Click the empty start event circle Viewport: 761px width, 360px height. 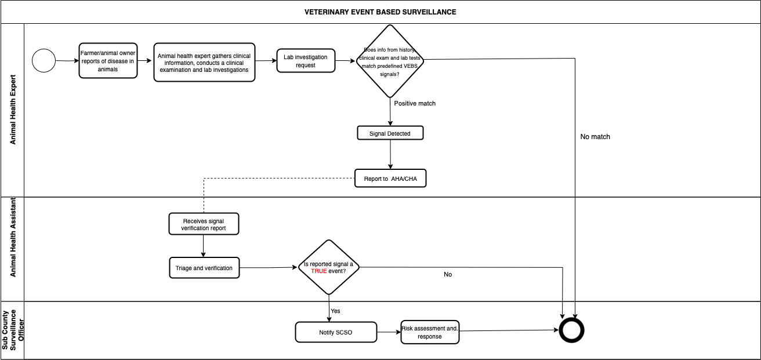pos(44,61)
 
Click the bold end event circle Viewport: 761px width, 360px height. pos(571,330)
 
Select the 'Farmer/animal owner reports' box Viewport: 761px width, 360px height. pos(108,61)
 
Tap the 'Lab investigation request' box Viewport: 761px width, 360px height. pos(306,61)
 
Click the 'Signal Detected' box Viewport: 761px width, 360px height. pos(390,133)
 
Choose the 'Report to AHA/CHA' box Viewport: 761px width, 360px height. pos(390,179)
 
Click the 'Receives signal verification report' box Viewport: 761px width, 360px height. pos(204,224)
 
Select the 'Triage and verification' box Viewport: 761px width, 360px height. pos(204,268)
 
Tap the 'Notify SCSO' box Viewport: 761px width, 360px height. pos(336,332)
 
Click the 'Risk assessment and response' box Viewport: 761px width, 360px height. pos(430,332)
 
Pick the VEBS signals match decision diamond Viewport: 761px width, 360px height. pos(390,61)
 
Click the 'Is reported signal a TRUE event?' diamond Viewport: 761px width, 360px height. pos(329,267)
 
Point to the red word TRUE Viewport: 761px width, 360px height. pos(318,271)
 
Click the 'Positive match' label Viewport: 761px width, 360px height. pos(415,103)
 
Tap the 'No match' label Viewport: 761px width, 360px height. pos(595,137)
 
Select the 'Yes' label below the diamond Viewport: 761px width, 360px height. pos(335,311)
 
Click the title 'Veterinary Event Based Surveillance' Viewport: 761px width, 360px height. pos(380,12)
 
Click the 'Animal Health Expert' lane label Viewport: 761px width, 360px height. pos(13,110)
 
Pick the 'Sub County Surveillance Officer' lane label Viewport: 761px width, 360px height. pos(13,330)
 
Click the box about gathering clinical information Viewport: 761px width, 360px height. pos(204,62)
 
